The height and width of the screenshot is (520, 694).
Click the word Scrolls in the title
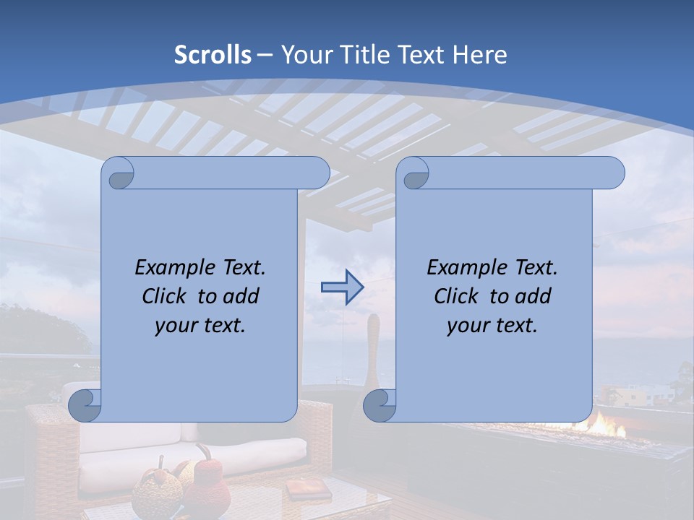[x=213, y=55]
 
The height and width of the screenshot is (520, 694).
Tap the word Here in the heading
[x=479, y=55]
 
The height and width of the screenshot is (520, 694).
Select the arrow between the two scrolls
[x=342, y=287]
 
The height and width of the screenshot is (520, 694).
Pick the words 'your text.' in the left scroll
[x=200, y=325]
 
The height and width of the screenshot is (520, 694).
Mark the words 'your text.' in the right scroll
[x=492, y=325]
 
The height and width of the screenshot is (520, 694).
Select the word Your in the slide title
[x=304, y=55]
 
